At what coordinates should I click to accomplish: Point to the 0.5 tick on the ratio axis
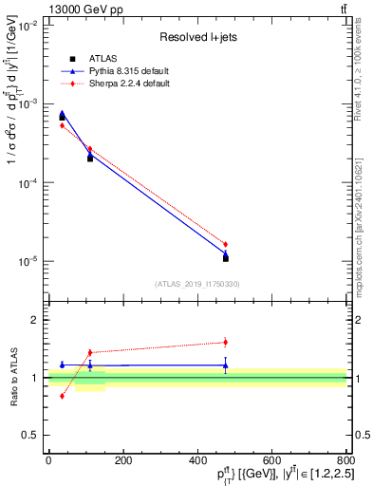point(29,435)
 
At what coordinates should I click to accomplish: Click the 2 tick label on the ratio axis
point(34,320)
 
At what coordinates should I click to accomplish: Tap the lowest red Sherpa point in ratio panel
point(62,396)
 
